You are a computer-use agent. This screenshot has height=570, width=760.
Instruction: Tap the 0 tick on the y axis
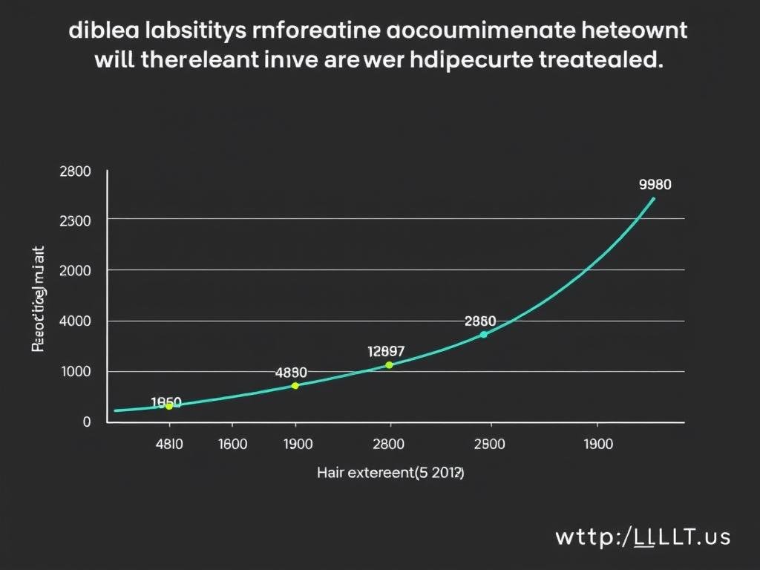pos(86,422)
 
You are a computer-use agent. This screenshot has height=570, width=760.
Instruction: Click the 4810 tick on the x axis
pos(169,445)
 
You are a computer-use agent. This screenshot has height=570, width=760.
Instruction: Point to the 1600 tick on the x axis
pos(232,445)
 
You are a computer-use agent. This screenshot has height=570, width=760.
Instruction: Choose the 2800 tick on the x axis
pos(387,445)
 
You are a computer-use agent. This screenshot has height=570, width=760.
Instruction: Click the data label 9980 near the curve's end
pos(655,185)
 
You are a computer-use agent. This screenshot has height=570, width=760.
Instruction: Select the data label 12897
pos(386,351)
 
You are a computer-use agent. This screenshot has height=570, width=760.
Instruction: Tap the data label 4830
pos(291,373)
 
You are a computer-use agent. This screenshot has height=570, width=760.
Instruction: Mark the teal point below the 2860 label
pos(483,335)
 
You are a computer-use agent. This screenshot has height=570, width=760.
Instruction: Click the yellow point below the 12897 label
pos(389,365)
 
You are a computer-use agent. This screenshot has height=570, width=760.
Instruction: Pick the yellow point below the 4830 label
pos(295,386)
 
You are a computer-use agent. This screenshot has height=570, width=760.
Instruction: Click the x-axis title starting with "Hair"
pos(390,472)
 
